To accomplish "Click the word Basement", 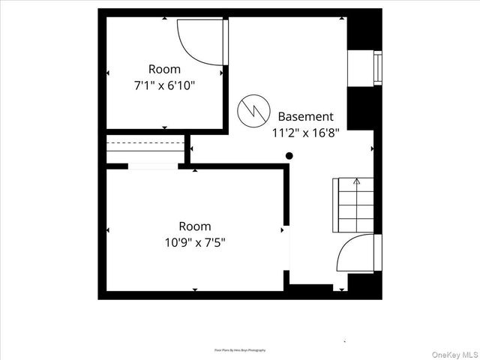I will tap(305, 116).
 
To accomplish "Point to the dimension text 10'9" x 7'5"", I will tap(195, 242).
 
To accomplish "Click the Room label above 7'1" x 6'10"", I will tap(164, 68).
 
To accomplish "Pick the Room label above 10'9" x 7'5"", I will tap(195, 226).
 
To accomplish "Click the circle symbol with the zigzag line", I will tap(252, 112).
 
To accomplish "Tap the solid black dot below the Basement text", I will tap(289, 156).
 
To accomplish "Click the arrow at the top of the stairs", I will tap(357, 181).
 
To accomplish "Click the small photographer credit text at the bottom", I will tap(240, 350).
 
